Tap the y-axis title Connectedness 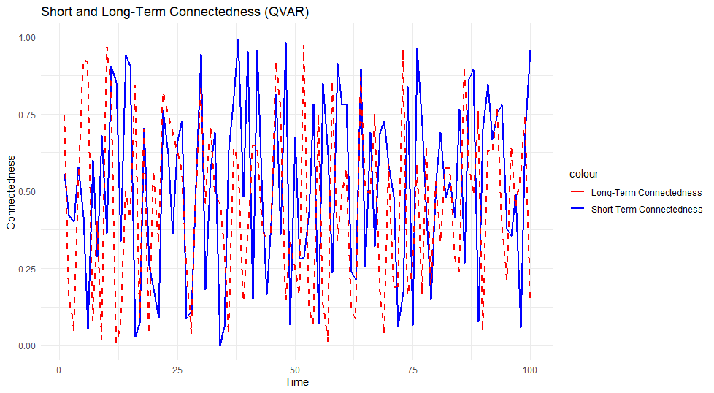coord(11,191)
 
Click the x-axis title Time coord(296,382)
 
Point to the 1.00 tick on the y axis coord(26,37)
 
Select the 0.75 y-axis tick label coord(26,114)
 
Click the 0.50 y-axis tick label coord(26,191)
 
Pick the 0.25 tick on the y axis coord(26,268)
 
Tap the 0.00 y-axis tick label coord(26,346)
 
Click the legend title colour coord(585,175)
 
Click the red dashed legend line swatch coord(579,194)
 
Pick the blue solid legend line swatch coord(579,210)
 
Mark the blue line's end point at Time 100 coord(530,50)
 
